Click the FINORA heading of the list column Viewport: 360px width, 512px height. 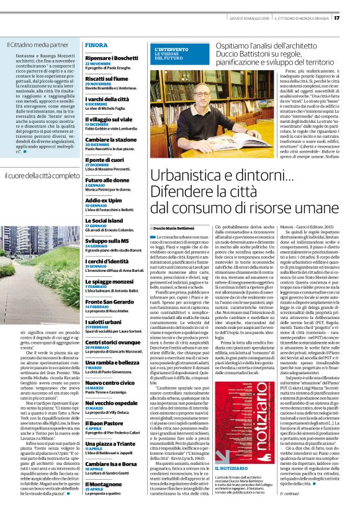[x=96, y=45]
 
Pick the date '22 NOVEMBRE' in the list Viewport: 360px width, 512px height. [x=98, y=63]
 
